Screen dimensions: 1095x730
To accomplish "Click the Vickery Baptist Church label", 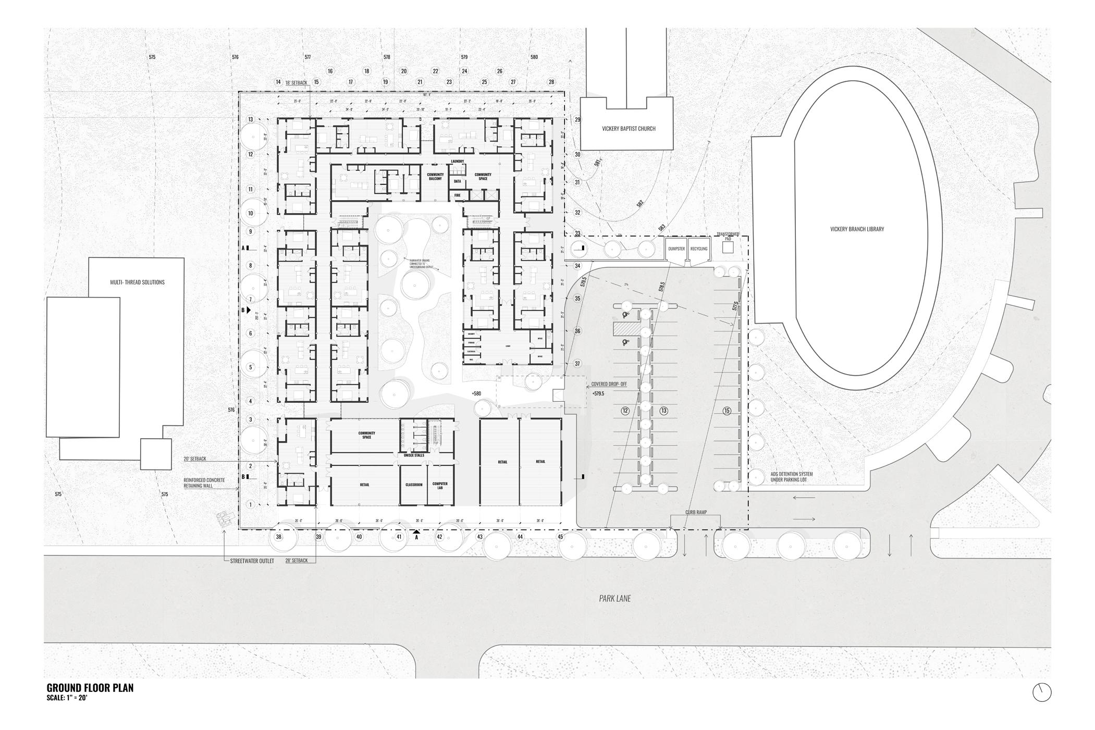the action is coord(629,129).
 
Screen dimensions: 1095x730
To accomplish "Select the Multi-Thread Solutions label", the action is coord(137,282).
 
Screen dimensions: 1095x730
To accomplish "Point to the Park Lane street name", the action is coord(615,599).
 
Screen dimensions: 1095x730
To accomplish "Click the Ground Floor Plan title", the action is coord(90,687).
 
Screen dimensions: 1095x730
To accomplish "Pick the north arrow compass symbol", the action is coord(1041,692).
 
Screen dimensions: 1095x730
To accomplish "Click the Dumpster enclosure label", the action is coord(676,249).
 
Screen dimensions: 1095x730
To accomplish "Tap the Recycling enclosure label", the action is coord(699,249).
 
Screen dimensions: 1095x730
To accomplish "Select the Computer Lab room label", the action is coord(440,486).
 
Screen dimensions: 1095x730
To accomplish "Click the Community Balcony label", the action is coord(435,177).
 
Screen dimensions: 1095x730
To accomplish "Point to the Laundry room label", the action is coord(458,162).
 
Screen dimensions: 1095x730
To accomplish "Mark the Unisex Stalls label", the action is coord(414,455).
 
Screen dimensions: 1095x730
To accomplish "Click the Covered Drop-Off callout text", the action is coord(609,384).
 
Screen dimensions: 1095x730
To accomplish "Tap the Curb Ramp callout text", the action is coord(696,512).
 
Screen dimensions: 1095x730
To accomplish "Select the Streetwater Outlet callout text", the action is coord(252,561).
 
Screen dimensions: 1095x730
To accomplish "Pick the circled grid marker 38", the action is coord(279,537).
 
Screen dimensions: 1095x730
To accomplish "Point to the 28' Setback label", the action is coord(297,561).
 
